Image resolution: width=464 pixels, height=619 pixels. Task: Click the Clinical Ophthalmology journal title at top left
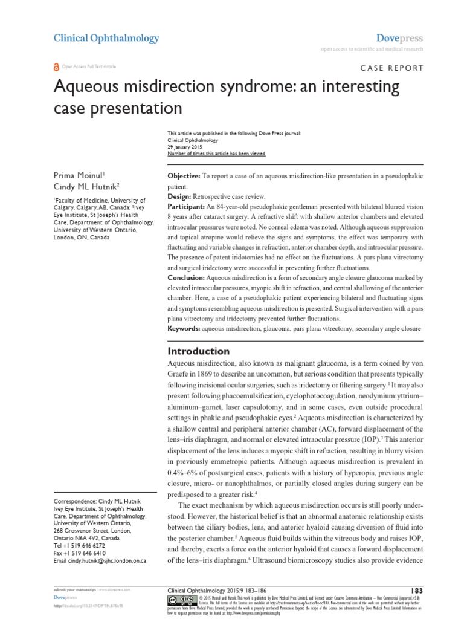(106, 38)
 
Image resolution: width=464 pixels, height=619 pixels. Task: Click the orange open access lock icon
(57, 67)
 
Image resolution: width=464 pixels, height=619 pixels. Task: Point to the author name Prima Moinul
(79, 175)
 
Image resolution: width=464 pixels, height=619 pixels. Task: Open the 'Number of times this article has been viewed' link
(216, 154)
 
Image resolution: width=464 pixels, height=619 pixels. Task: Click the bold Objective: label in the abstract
(184, 175)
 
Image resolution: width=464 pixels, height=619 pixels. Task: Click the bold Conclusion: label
(186, 277)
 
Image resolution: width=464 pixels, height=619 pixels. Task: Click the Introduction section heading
(198, 351)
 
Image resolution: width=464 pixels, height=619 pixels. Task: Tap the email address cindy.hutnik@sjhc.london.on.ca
(109, 561)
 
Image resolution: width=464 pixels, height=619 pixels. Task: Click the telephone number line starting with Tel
(79, 545)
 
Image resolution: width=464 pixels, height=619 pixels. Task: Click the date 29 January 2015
(185, 147)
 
